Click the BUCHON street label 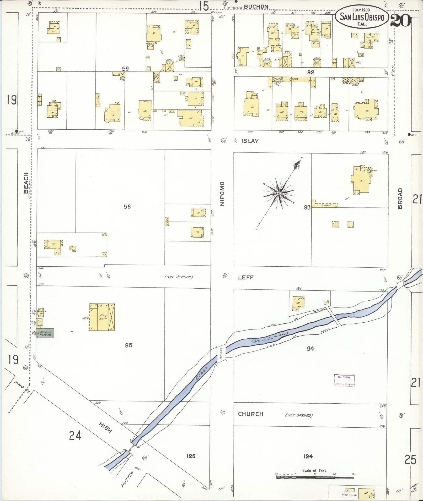(256, 7)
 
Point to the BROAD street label (400, 198)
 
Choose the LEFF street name (246, 277)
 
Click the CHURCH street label (250, 414)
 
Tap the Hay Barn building (102, 317)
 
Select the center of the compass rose (279, 194)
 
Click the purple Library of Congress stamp (344, 381)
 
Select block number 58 (127, 207)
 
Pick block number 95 (128, 345)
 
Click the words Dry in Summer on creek (269, 338)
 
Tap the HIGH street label (106, 427)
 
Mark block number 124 (308, 456)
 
